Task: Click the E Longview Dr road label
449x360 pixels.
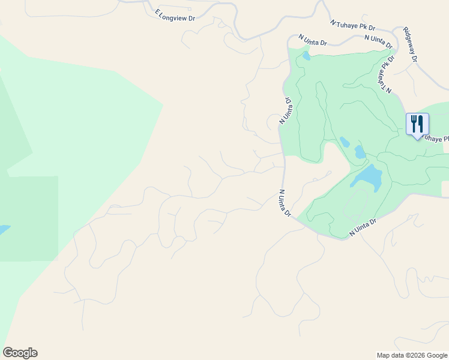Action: pyautogui.click(x=175, y=15)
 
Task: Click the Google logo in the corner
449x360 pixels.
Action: pyautogui.click(x=20, y=353)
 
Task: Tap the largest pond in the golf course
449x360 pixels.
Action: pyautogui.click(x=368, y=178)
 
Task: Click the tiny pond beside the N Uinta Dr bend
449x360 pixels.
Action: pyautogui.click(x=306, y=56)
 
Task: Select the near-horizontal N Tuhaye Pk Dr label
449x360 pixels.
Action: pyautogui.click(x=353, y=25)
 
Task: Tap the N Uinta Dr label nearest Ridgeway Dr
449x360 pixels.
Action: pyautogui.click(x=378, y=41)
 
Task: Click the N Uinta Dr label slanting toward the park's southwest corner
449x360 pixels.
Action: pyautogui.click(x=285, y=203)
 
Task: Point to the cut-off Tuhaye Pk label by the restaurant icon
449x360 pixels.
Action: pyautogui.click(x=436, y=139)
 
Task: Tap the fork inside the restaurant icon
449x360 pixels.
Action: pyautogui.click(x=414, y=124)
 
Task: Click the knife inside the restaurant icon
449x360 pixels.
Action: pyautogui.click(x=421, y=124)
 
